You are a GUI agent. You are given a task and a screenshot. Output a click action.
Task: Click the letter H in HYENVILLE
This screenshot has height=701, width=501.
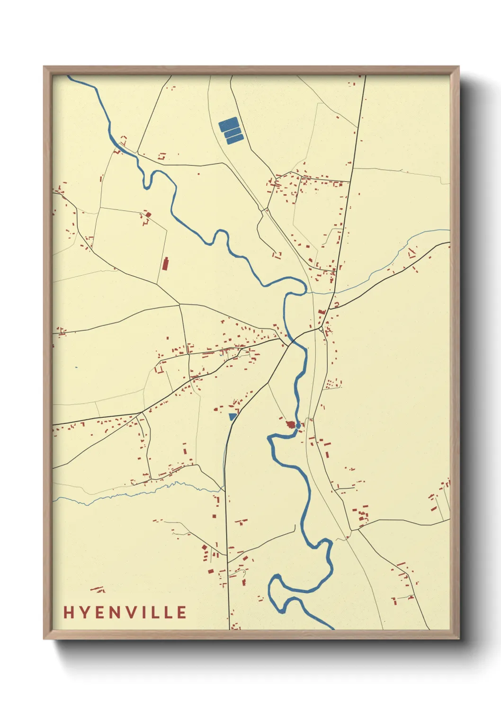68,612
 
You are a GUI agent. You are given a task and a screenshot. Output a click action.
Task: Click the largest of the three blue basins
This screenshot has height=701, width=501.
228,125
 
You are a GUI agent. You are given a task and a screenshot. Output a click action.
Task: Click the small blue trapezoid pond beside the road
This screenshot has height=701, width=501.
232,417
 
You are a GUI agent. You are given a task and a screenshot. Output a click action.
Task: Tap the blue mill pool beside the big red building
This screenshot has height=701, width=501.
297,426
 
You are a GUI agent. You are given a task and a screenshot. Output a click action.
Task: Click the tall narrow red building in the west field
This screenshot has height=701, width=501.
165,263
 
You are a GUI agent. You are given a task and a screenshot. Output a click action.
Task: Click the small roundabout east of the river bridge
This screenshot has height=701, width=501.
321,328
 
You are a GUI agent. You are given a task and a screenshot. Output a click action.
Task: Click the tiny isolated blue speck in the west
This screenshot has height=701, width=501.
76,367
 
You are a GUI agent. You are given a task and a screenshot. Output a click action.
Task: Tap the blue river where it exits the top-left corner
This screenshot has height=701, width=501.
71,78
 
